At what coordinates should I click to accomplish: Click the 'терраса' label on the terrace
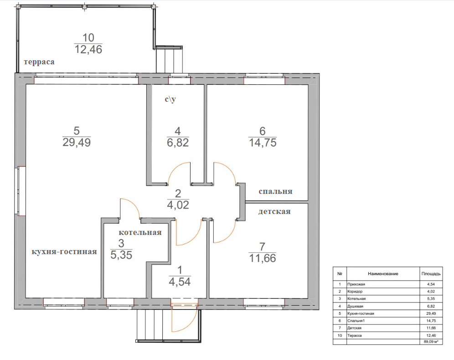[39, 62]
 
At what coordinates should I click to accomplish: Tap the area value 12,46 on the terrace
[88, 49]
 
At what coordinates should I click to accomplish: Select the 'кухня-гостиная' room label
[64, 251]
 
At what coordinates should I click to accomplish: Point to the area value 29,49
[77, 142]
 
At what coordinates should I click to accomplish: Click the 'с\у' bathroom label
[170, 99]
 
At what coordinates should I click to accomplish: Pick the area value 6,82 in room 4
[178, 143]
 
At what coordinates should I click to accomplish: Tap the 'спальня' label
[275, 191]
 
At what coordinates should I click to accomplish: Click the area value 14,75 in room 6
[263, 143]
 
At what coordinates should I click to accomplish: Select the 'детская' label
[274, 211]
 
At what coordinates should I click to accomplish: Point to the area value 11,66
[263, 258]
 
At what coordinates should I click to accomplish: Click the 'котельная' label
[140, 232]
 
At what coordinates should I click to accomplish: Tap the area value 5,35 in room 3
[121, 255]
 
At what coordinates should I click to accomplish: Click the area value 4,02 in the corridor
[178, 205]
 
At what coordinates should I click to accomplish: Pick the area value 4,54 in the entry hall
[180, 282]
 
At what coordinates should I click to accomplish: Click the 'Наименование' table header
[383, 274]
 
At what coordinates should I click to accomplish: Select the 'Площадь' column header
[431, 274]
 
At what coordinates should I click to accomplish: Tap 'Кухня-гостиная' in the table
[361, 313]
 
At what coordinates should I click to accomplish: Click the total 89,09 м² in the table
[431, 342]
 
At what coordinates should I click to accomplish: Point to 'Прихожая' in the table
[356, 284]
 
